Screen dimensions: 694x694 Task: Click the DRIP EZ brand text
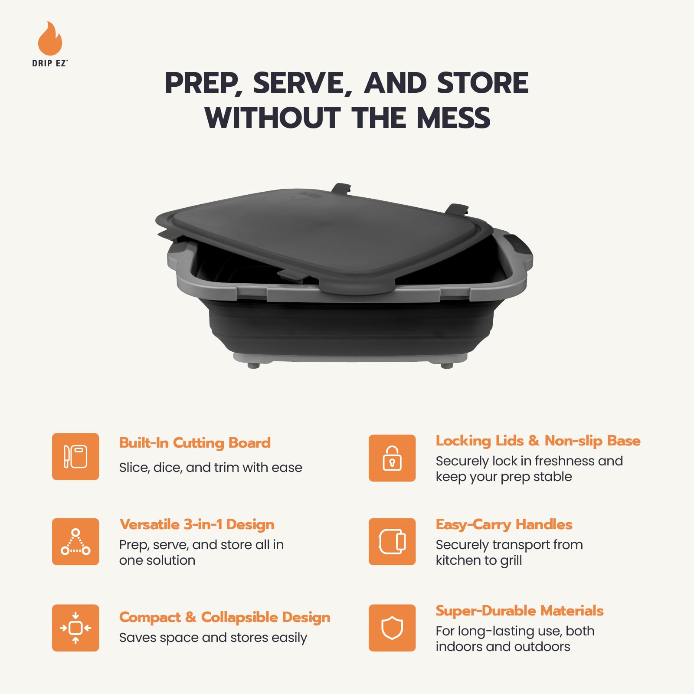[x=49, y=63]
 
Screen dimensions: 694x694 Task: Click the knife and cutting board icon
[x=75, y=456]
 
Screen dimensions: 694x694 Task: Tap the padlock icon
[x=392, y=458]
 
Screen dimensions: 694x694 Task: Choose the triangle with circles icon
[x=75, y=541]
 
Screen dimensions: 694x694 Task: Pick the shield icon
[x=392, y=628]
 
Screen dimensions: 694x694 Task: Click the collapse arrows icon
[x=75, y=628]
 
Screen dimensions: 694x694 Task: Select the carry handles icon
[x=392, y=541]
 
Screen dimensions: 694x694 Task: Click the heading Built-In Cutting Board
[x=195, y=443]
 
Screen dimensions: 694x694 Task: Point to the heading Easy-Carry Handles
[x=504, y=525]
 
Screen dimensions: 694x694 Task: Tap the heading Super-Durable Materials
[x=520, y=611]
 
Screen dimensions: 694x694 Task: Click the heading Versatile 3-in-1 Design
[x=197, y=524]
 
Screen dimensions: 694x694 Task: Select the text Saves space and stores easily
[x=213, y=638]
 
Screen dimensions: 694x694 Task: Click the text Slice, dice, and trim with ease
[x=211, y=468]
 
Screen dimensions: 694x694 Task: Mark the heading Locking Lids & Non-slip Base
[x=538, y=441]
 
